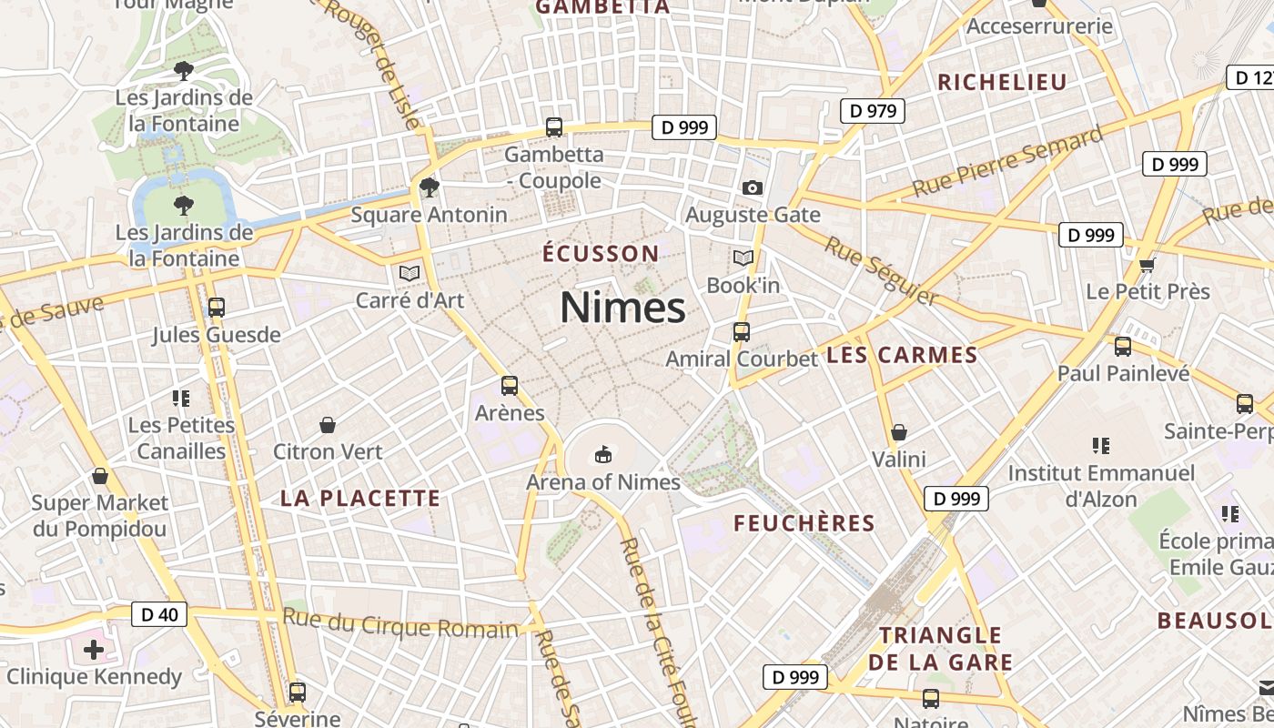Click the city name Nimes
(x=622, y=308)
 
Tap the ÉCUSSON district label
(x=601, y=253)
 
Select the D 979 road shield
(x=872, y=111)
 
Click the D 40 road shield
(x=159, y=614)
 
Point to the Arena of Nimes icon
(x=602, y=453)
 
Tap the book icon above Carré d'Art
(x=409, y=272)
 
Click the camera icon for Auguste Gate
(x=753, y=187)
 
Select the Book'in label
(x=743, y=286)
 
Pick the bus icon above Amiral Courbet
(x=742, y=331)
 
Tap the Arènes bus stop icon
(x=510, y=386)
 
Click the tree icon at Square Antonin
(x=429, y=187)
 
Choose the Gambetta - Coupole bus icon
(x=553, y=127)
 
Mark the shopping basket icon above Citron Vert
(x=328, y=425)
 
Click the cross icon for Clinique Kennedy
(x=94, y=650)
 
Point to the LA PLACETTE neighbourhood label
(x=360, y=499)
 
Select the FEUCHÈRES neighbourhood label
(x=804, y=523)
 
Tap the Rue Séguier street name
(x=880, y=271)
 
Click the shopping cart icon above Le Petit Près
(x=1148, y=265)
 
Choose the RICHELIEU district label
(x=1002, y=82)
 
